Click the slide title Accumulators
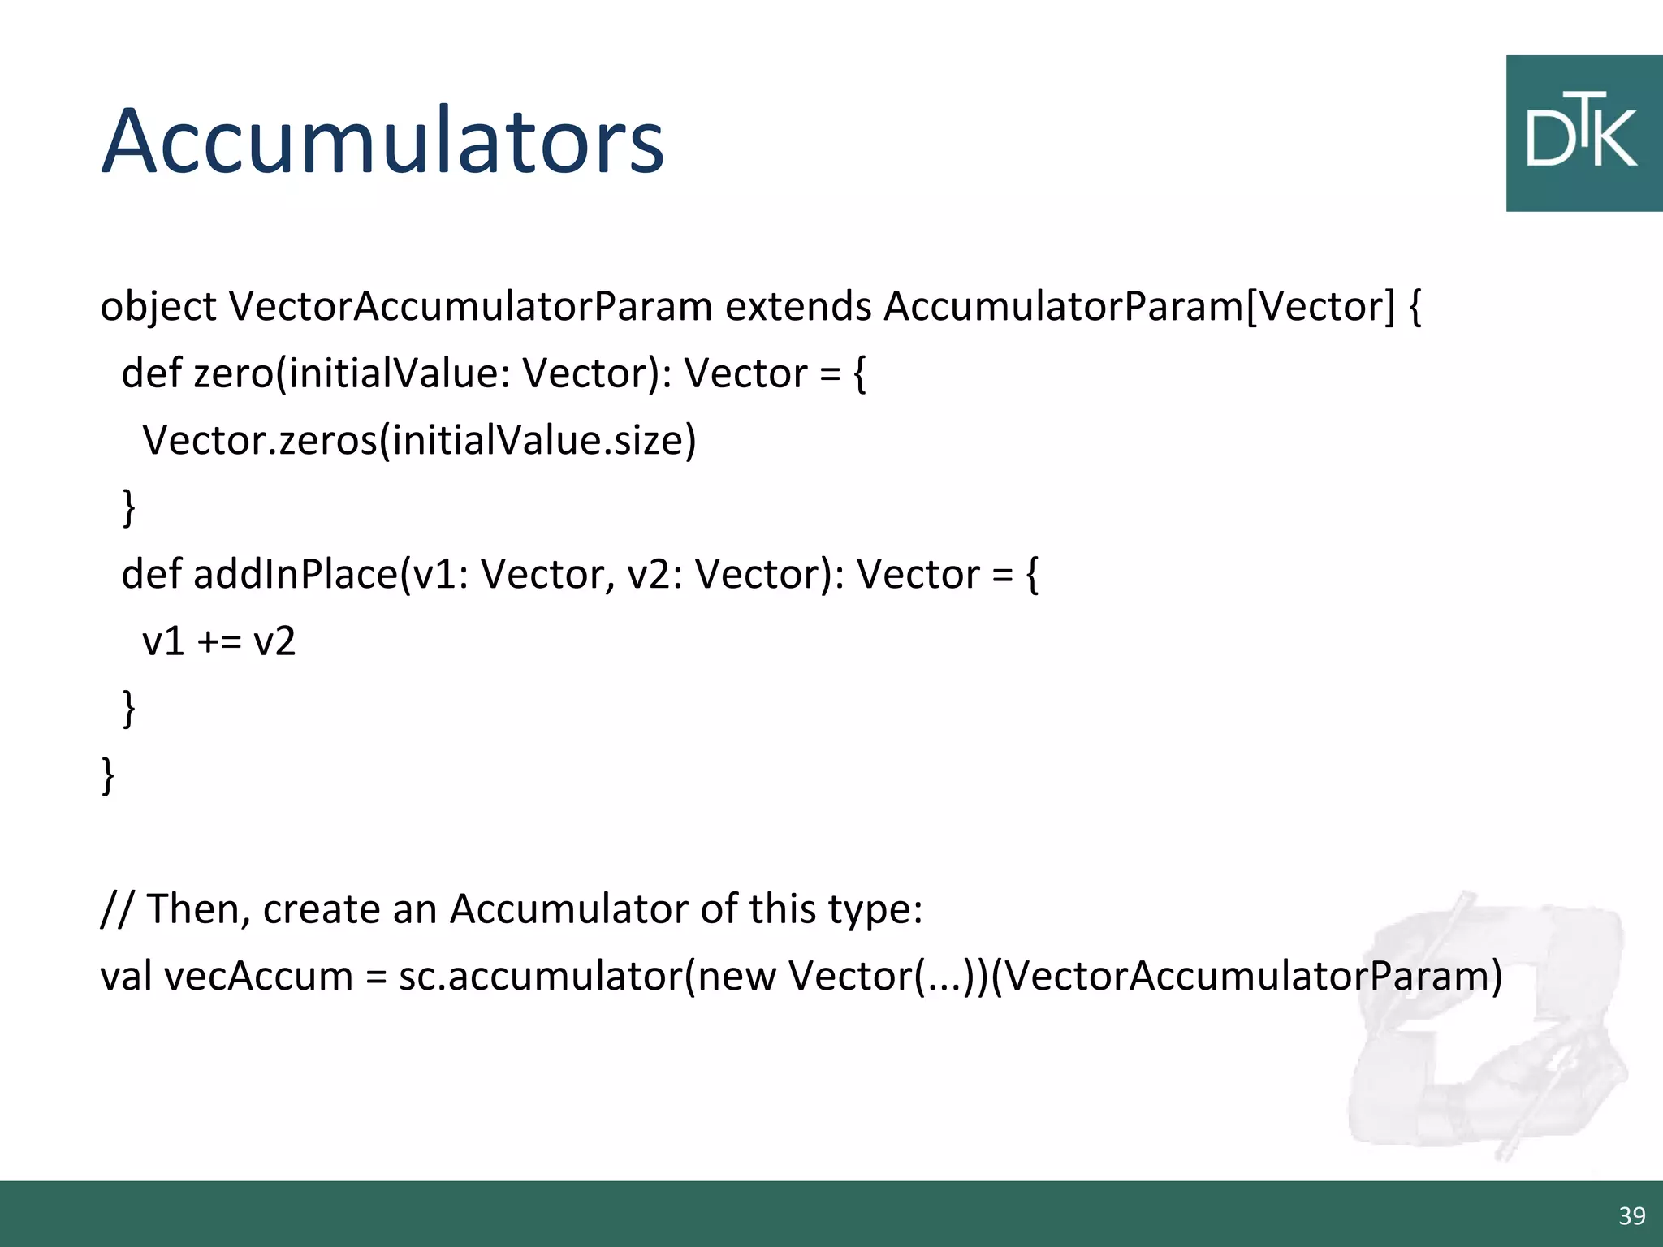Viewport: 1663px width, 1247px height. click(382, 141)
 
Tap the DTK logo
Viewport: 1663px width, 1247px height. click(1583, 134)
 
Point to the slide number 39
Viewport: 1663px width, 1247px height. click(1631, 1215)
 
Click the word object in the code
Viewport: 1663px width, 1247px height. click(158, 308)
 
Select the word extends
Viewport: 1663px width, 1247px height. click(797, 308)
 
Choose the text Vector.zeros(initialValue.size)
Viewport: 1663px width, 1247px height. click(419, 441)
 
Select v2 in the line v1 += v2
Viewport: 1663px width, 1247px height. click(274, 641)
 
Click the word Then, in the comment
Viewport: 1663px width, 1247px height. click(198, 908)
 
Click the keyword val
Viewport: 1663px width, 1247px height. click(126, 976)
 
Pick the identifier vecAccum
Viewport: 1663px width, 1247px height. click(258, 976)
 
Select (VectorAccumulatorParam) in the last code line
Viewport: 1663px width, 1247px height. click(1246, 976)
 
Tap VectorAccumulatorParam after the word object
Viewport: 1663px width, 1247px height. click(470, 308)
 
